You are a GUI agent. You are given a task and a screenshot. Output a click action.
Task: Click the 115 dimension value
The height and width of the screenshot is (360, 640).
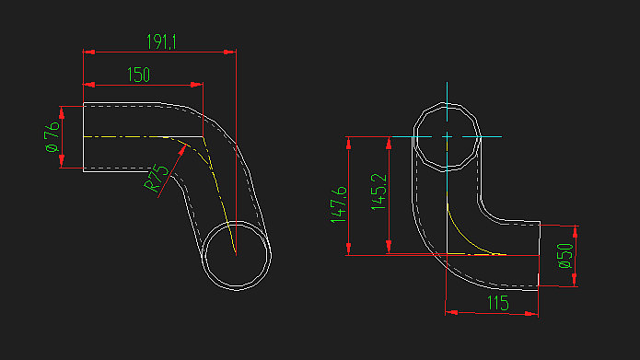point(497,303)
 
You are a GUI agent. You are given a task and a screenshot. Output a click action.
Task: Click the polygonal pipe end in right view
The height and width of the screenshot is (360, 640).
point(447,136)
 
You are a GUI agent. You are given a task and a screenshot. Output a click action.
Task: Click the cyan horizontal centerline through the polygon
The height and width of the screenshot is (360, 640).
point(493,136)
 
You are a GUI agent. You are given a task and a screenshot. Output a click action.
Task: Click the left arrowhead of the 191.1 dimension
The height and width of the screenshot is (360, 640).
point(87,52)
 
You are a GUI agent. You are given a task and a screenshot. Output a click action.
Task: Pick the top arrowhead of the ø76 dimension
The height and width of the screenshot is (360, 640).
point(63,110)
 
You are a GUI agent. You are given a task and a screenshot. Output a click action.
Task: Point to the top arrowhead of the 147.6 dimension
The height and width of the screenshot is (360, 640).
point(349,141)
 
